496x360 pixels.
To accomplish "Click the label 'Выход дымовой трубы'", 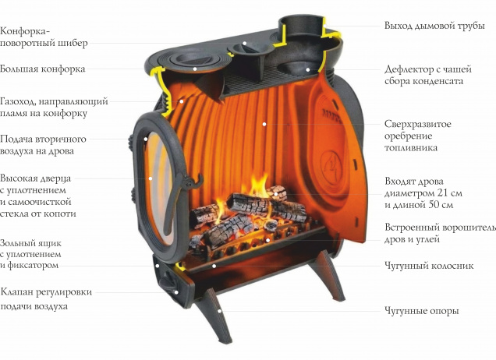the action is click(434, 26).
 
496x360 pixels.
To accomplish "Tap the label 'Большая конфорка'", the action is click(43, 69).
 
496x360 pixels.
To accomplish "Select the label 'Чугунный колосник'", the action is click(429, 266).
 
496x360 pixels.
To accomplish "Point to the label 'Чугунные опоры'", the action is click(422, 311).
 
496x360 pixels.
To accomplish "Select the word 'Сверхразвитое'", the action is click(417, 124).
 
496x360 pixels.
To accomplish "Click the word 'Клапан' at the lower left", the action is click(16, 291).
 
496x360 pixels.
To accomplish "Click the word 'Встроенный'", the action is click(411, 228).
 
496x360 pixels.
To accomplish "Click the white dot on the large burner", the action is click(195, 69).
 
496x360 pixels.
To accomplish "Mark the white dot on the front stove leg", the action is click(219, 311).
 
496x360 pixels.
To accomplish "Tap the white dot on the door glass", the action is click(151, 178).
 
